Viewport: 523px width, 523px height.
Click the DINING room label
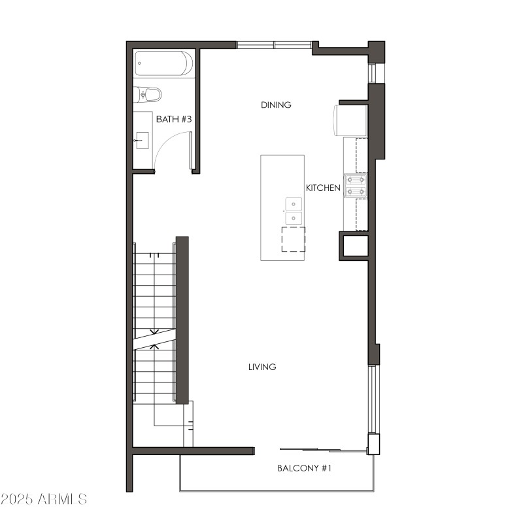[x=276, y=105]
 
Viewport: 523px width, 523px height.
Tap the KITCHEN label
[x=323, y=188]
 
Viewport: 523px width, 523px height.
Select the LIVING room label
[x=262, y=367]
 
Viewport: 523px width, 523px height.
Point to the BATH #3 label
[x=173, y=119]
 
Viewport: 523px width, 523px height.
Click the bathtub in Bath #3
[x=164, y=64]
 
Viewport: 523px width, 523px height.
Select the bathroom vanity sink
[x=143, y=140]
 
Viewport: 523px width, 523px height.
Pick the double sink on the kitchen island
[x=294, y=211]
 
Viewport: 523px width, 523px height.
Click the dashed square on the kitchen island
[x=293, y=239]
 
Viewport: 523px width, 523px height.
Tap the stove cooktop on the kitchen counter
[x=356, y=185]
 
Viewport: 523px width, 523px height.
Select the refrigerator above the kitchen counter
[x=352, y=120]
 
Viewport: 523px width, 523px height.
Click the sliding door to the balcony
[x=320, y=449]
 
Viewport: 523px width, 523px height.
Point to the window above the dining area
[x=274, y=45]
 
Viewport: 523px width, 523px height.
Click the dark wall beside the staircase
[x=182, y=320]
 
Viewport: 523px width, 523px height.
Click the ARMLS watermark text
[x=63, y=499]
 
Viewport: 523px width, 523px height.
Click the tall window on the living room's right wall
[x=372, y=399]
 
